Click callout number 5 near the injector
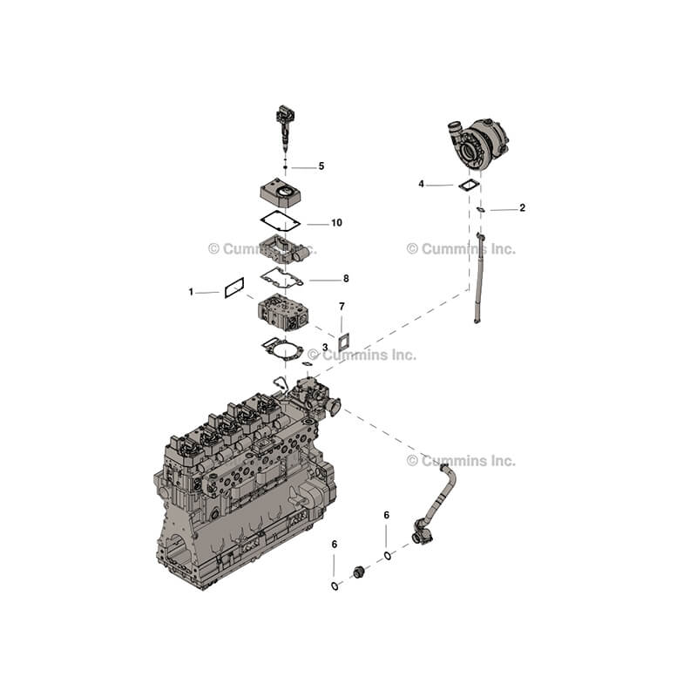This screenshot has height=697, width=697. coord(321,166)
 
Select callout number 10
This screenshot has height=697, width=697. coord(336,223)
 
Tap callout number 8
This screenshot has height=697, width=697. coord(346,279)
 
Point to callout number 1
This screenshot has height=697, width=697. coord(191,292)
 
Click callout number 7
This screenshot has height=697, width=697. coord(342,307)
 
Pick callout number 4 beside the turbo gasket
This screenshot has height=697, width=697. coord(422,184)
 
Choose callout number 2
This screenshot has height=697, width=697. coord(522,207)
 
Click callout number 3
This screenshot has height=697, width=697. coord(325,347)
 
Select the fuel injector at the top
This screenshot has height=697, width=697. coord(285,129)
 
